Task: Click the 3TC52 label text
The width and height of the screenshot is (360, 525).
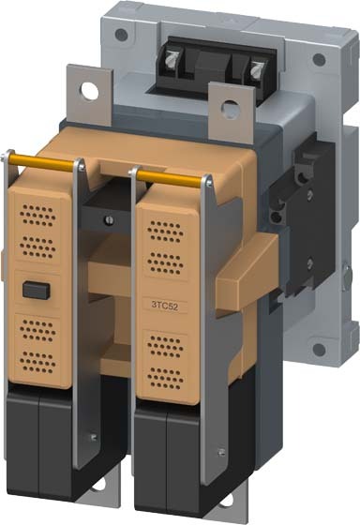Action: coord(165,305)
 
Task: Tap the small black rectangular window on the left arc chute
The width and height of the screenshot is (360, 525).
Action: coord(37,290)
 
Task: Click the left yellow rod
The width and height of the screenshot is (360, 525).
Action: coord(41,162)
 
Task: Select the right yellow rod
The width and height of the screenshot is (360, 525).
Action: coord(169,178)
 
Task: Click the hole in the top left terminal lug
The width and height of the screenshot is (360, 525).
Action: coord(90,92)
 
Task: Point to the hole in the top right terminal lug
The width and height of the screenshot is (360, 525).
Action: coord(231,109)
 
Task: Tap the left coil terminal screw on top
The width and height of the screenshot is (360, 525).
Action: coord(172,60)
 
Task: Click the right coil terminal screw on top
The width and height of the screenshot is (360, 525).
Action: coord(257,69)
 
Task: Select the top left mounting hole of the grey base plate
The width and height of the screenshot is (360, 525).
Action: coord(121,34)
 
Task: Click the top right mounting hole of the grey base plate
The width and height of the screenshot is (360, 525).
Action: coord(319,60)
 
